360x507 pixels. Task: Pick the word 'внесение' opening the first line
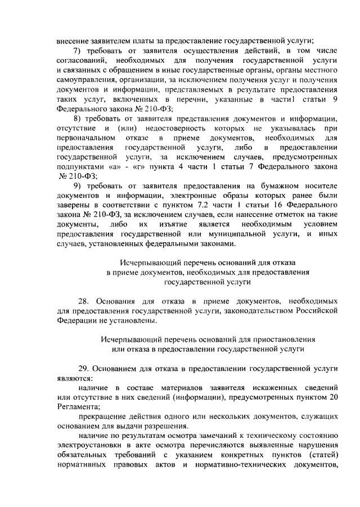[73, 39]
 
